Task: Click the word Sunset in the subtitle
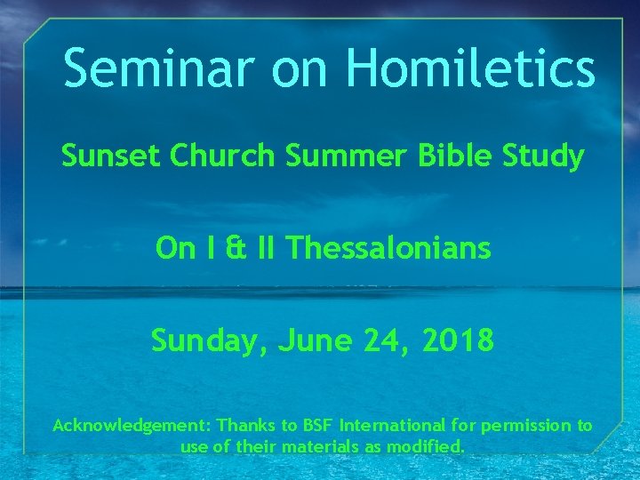pos(111,156)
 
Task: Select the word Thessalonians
pos(389,248)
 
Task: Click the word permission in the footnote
pos(528,426)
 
